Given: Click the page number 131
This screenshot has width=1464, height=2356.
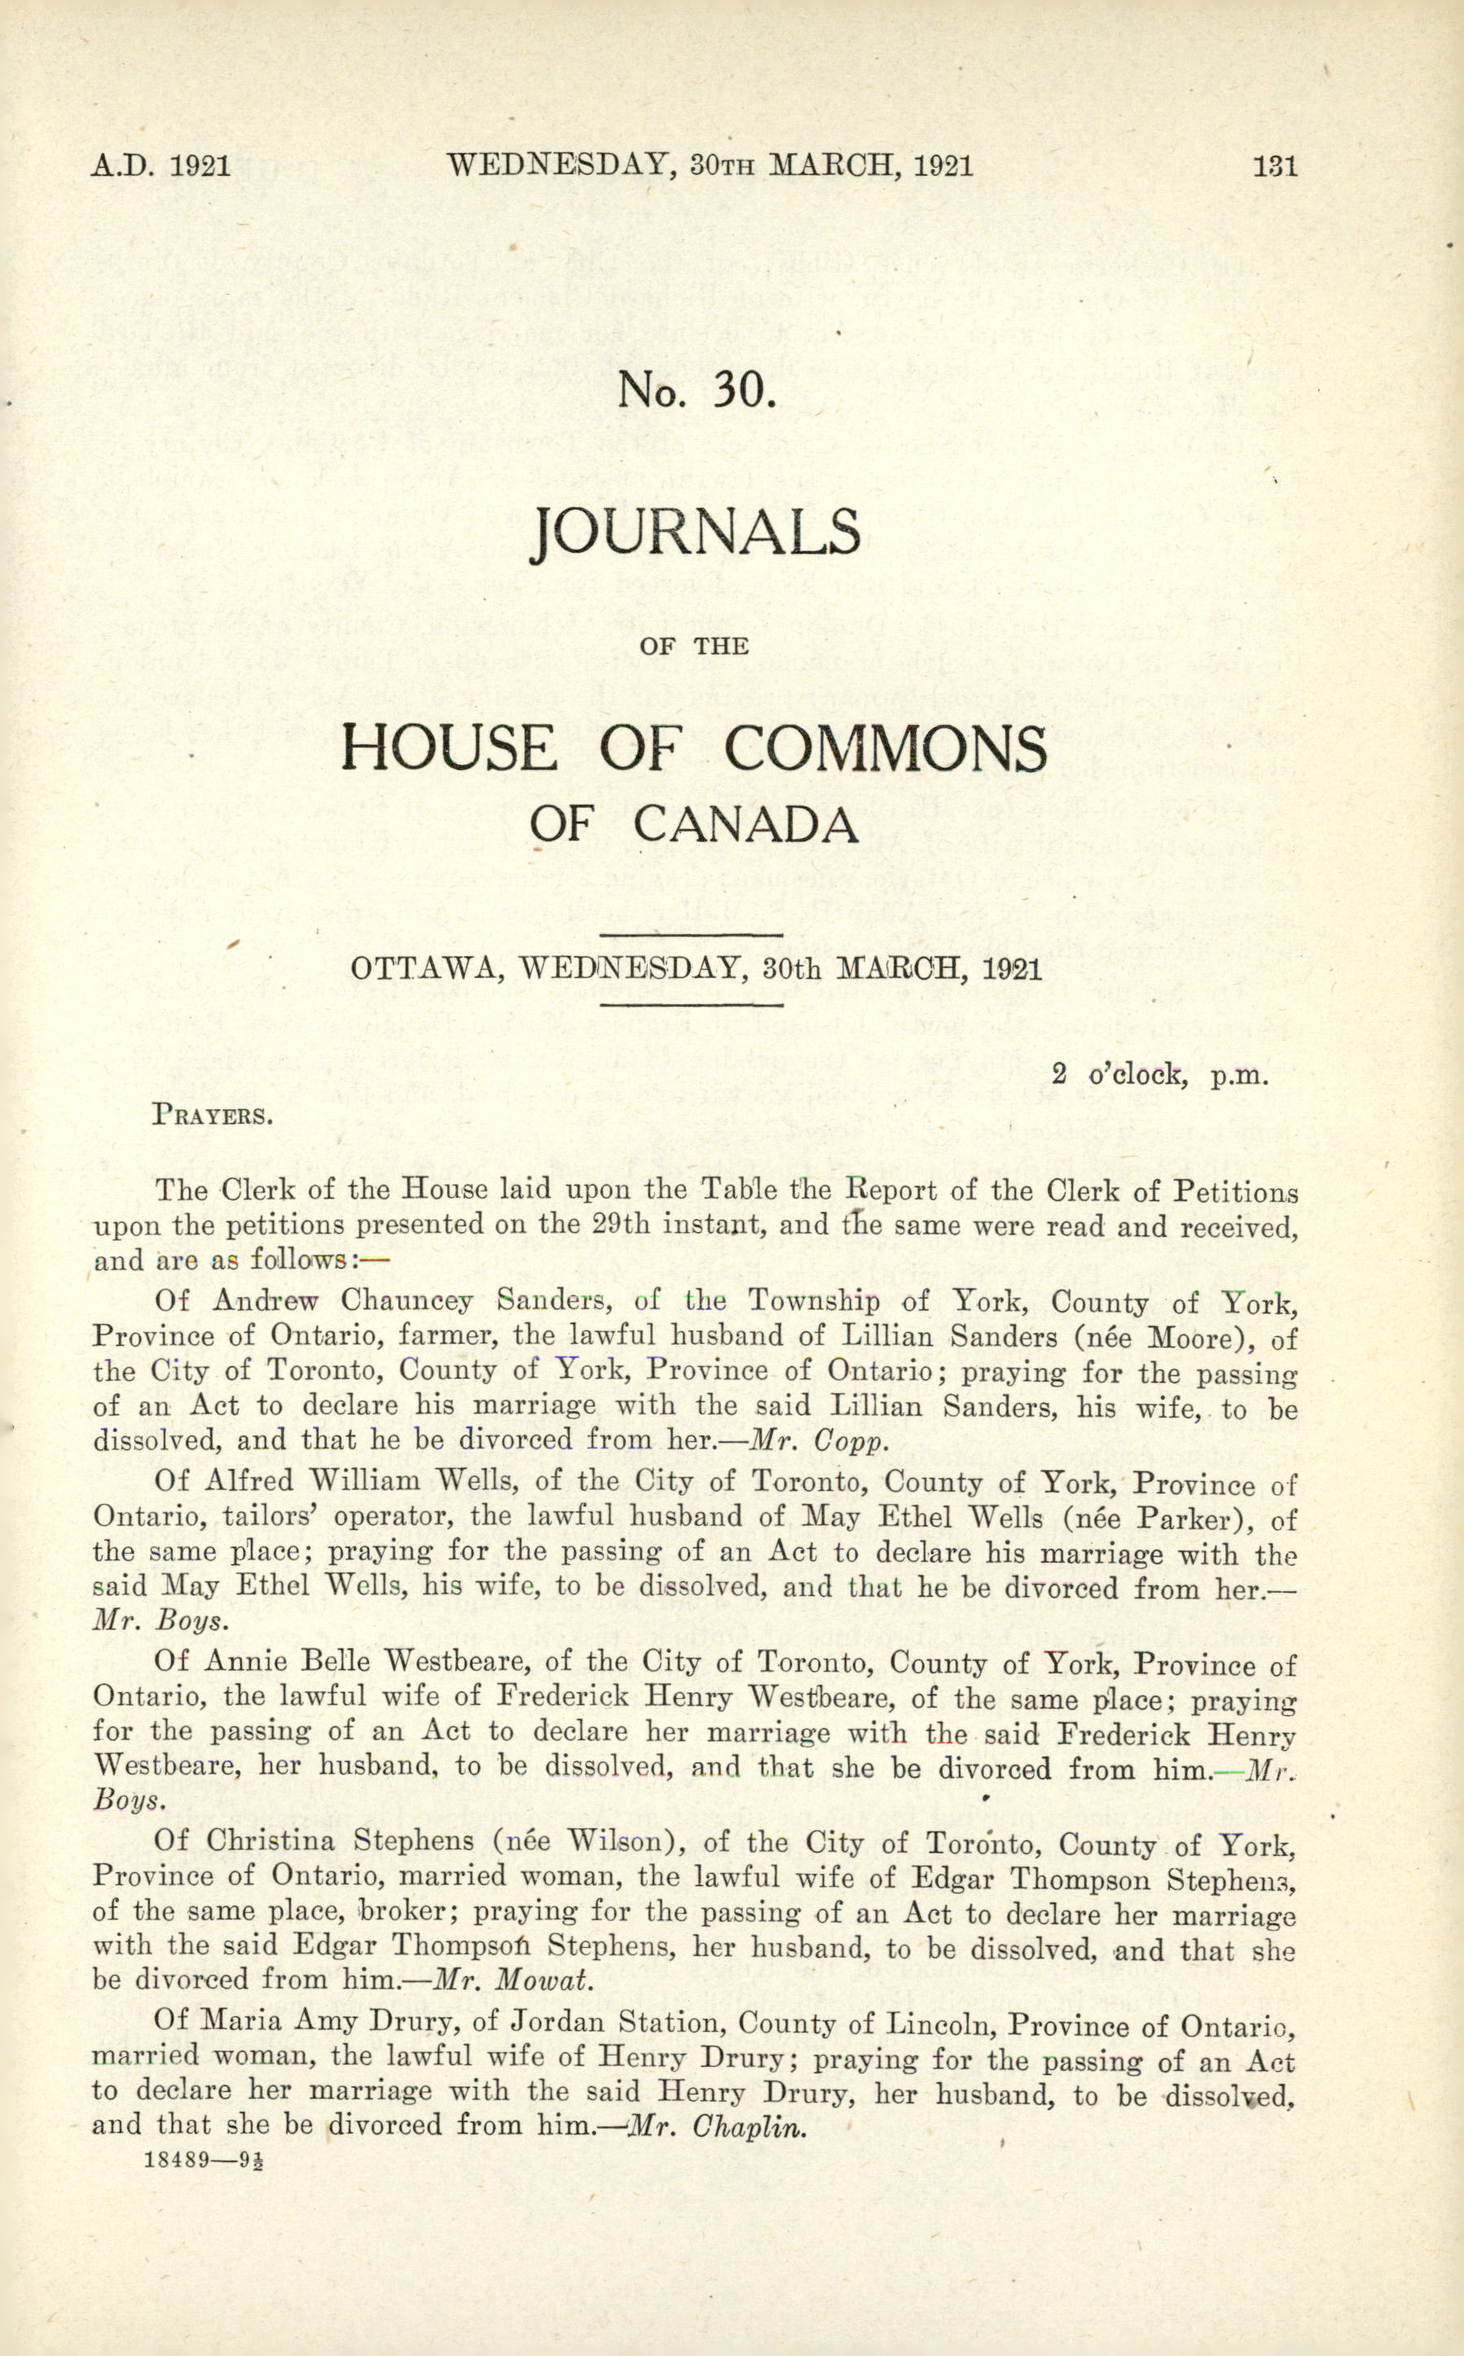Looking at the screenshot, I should [1274, 166].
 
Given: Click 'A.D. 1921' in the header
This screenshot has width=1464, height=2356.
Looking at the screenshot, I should [160, 166].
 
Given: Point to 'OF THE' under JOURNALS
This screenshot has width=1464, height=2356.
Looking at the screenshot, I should [695, 646].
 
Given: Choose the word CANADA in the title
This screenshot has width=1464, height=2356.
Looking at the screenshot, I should [745, 826].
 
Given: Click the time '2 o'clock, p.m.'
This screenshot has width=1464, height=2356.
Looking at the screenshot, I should [1159, 1074].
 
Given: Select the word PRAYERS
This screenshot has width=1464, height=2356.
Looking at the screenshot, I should [212, 1114].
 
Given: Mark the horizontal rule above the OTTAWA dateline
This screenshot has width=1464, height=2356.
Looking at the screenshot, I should [692, 935].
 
